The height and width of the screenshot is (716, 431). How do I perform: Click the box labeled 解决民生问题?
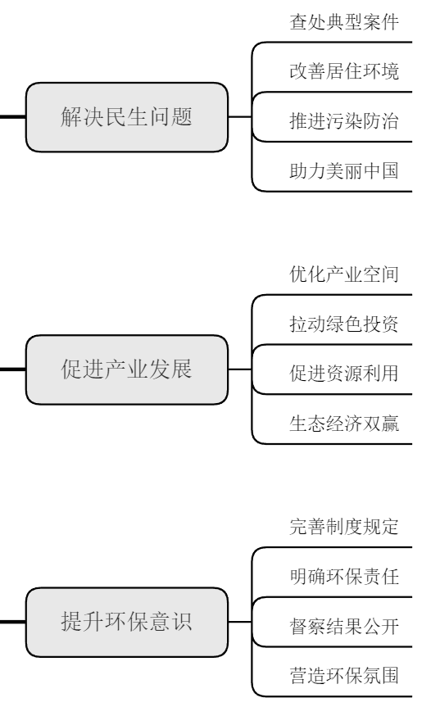[x=126, y=116]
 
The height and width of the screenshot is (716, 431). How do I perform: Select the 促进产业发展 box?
[x=126, y=369]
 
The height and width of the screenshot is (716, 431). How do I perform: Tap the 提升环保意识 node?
[x=126, y=622]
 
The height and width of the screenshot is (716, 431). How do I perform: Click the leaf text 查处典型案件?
[x=344, y=22]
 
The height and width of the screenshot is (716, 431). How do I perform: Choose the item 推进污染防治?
[x=344, y=124]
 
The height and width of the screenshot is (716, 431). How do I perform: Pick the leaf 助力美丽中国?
[x=344, y=173]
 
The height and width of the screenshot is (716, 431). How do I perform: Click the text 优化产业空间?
[x=344, y=274]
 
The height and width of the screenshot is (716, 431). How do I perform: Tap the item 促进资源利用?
[x=344, y=376]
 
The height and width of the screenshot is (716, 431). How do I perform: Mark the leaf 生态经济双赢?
[x=344, y=425]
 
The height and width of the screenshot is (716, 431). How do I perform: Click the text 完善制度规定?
[x=344, y=527]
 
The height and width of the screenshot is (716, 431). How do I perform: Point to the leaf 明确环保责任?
[x=344, y=578]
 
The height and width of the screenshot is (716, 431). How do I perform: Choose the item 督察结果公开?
[x=344, y=628]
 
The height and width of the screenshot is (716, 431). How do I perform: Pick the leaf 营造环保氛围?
[x=344, y=677]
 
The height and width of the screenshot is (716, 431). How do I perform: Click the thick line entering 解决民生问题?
[x=11, y=117]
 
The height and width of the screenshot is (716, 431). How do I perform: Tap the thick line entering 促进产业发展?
[x=11, y=369]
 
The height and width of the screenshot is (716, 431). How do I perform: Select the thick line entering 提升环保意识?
[x=11, y=622]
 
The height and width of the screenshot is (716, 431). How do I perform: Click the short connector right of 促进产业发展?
[x=238, y=369]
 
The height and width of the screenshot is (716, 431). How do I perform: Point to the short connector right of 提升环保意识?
[x=238, y=622]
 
